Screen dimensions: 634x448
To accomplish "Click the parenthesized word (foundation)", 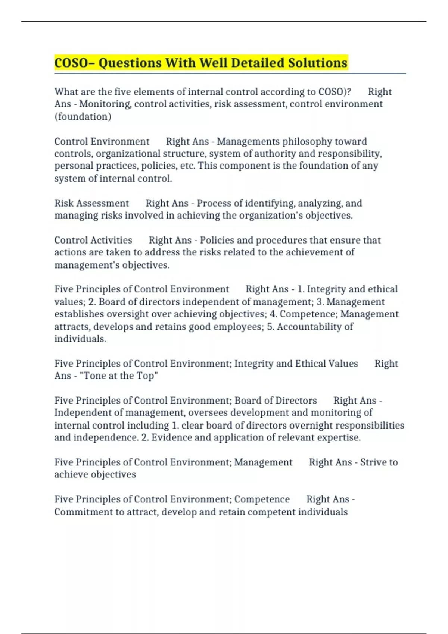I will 83,116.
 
